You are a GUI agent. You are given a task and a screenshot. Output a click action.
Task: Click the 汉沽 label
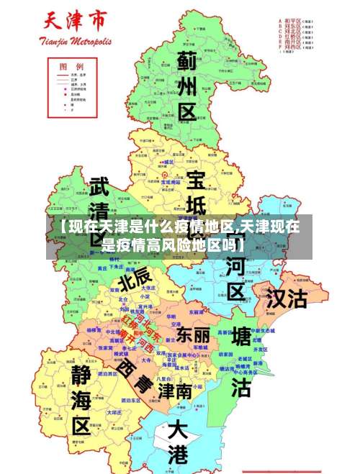coord(287,298)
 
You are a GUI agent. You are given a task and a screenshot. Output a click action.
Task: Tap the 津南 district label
coord(175,391)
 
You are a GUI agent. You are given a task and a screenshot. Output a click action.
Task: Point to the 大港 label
coord(177,442)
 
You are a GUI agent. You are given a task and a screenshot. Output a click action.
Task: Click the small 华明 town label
coord(171,316)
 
